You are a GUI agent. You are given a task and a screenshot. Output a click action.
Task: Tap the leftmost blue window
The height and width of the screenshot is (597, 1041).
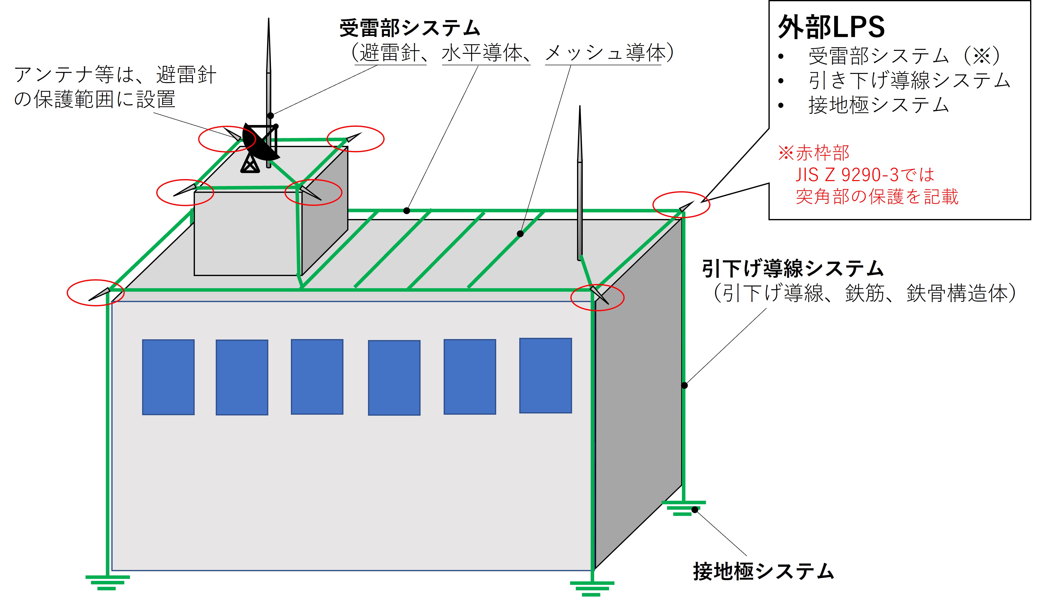(x=168, y=377)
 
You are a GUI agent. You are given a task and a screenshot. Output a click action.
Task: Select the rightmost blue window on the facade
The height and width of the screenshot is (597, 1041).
(x=546, y=375)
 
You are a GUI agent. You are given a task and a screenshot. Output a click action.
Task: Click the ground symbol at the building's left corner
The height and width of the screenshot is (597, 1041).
(x=107, y=582)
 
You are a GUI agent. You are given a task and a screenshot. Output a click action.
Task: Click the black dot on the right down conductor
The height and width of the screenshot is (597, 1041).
(x=684, y=385)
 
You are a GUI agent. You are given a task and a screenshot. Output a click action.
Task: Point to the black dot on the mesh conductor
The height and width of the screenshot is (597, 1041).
(x=520, y=234)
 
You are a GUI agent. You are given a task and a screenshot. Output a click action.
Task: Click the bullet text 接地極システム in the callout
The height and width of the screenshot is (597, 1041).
(x=879, y=105)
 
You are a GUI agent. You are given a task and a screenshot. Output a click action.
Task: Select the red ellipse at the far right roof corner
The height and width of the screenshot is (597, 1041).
(x=681, y=205)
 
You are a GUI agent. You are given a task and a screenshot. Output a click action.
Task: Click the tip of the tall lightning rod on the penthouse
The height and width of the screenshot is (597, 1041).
(x=269, y=18)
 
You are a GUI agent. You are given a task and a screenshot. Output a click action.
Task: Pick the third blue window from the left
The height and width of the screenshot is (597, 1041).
(x=317, y=377)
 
